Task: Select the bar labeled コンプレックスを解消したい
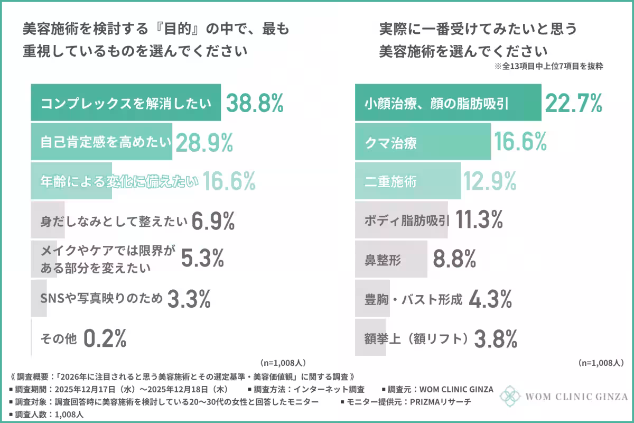125,103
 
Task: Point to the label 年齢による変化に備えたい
119,181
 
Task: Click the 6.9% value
213,221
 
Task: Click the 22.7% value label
573,103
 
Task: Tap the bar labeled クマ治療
422,143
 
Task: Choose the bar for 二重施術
407,181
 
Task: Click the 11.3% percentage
478,220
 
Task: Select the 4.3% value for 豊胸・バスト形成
490,299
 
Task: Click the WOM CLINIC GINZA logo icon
510,396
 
